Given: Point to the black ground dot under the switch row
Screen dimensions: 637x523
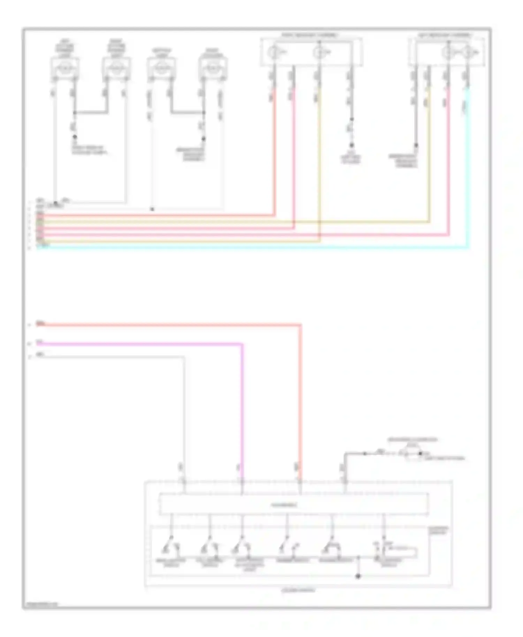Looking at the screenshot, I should coord(358,576).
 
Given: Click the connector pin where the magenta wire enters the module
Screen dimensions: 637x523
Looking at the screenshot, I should coord(242,482).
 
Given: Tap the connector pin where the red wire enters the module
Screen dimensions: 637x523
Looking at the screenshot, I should coord(300,482).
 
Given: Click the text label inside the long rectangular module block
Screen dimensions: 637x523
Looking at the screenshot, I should coord(284,505).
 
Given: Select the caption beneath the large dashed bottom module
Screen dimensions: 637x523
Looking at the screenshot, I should coord(298,590).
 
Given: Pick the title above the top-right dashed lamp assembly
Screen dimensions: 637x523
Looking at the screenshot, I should coord(445,35).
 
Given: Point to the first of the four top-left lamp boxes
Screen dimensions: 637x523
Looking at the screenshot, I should coord(65,68).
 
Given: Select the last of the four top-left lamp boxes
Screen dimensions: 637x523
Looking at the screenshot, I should coord(212,68).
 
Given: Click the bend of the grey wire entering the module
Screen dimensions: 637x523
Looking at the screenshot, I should coord(183,357).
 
